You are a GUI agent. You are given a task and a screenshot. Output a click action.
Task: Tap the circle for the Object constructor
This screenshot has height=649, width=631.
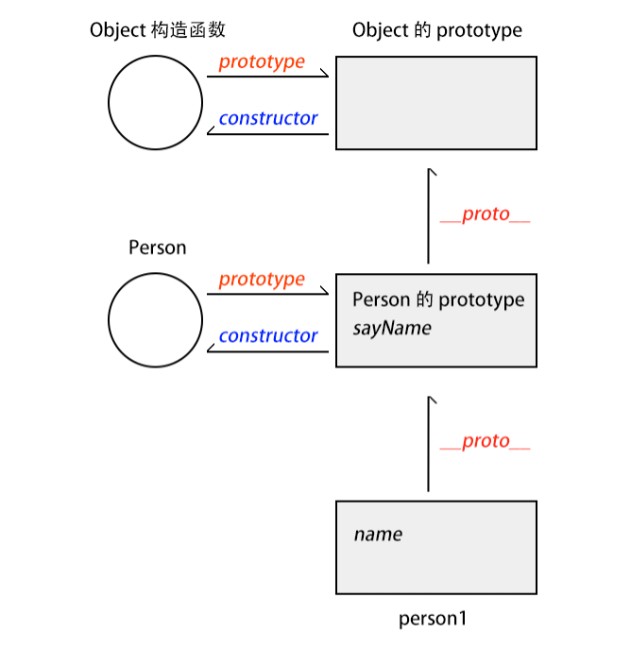tap(155, 102)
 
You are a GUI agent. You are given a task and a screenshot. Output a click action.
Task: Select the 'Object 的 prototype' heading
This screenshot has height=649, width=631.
tap(436, 30)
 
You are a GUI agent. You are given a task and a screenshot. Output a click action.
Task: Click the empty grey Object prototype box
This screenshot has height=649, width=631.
tap(436, 102)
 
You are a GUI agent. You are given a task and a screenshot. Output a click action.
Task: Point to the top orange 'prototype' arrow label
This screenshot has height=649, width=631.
tap(262, 61)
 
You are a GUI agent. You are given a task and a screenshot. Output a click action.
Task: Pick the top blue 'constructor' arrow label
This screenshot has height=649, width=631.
tap(268, 118)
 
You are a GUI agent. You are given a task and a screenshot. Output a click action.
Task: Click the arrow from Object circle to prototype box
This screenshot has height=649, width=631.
tap(267, 77)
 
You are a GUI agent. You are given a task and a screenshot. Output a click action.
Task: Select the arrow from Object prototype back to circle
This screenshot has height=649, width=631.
tap(267, 134)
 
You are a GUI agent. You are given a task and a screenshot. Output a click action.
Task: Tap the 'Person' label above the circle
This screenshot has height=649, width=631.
tap(157, 248)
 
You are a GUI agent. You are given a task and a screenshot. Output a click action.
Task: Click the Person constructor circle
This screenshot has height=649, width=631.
tap(155, 319)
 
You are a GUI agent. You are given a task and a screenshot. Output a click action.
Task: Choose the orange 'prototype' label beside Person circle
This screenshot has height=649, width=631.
tap(262, 279)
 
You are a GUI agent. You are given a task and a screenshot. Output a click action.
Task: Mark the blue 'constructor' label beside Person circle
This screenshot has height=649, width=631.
tap(268, 335)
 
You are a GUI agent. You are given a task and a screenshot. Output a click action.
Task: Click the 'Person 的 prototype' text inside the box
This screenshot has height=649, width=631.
tap(437, 300)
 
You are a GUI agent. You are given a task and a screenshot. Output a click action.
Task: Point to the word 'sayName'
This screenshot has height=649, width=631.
tap(391, 329)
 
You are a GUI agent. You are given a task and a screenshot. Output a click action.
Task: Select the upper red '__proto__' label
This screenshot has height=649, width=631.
tap(485, 214)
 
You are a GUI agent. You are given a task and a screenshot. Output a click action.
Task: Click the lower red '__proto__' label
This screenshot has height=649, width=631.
tap(485, 441)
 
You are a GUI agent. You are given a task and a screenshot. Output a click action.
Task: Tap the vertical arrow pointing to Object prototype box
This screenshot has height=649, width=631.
tap(429, 216)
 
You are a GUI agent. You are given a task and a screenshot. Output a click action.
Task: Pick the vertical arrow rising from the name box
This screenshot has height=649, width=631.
tap(429, 444)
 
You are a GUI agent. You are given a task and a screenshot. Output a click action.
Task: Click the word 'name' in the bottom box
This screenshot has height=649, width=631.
tap(378, 535)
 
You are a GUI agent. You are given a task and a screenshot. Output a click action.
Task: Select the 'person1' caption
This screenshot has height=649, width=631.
tap(433, 620)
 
